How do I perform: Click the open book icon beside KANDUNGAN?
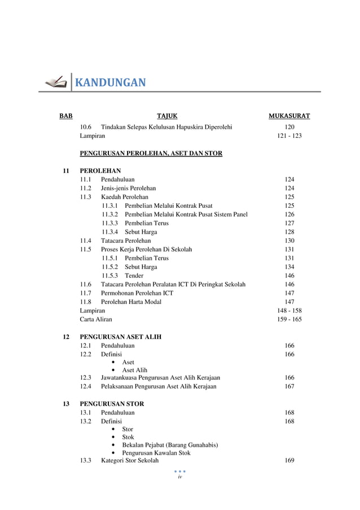[x=55, y=83]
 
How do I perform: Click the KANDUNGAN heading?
[x=111, y=84]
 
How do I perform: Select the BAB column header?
[x=66, y=117]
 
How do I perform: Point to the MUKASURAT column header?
[x=289, y=117]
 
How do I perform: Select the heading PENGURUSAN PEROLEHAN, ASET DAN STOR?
[x=151, y=153]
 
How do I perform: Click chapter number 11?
[x=66, y=170]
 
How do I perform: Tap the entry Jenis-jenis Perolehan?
[x=128, y=188]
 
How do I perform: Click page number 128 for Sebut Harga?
[x=289, y=232]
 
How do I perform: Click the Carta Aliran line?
[x=96, y=319]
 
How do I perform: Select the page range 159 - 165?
[x=289, y=319]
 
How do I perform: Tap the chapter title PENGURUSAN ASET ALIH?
[x=120, y=337]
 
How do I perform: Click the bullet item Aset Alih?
[x=134, y=370]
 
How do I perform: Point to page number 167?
[x=289, y=386]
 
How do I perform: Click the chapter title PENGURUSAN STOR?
[x=111, y=404]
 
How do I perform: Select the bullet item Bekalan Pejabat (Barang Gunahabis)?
[x=170, y=445]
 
